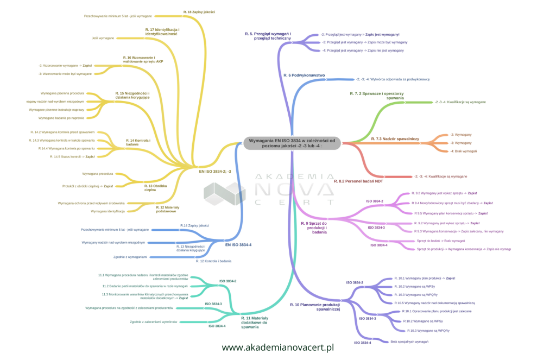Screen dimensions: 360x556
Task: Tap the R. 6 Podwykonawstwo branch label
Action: click(x=304, y=75)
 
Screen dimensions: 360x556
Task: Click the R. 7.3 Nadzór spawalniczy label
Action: click(x=395, y=139)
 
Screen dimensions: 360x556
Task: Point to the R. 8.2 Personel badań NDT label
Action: click(x=356, y=181)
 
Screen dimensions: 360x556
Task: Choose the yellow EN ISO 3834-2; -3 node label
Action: click(x=215, y=172)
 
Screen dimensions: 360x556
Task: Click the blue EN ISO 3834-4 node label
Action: click(x=238, y=245)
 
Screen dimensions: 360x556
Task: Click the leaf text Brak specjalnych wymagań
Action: click(x=409, y=342)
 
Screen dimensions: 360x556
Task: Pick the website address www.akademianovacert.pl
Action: click(x=277, y=347)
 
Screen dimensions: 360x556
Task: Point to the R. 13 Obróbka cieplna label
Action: click(x=150, y=187)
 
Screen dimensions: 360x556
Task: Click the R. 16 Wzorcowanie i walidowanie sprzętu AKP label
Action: click(x=143, y=60)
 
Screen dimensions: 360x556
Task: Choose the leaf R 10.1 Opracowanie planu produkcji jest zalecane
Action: click(x=438, y=312)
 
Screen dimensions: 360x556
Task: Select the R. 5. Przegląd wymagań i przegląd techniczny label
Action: click(x=268, y=36)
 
